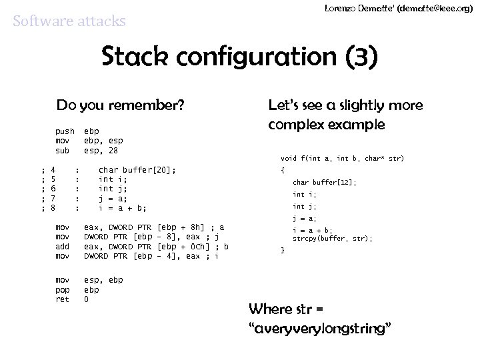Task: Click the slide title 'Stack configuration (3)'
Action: (240, 57)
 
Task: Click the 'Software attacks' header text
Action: (69, 21)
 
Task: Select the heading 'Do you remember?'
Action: (120, 105)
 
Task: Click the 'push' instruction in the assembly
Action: (65, 132)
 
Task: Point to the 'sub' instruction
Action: (62, 151)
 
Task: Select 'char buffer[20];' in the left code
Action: (137, 171)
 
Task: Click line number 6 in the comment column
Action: (53, 189)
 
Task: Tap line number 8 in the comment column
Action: (53, 208)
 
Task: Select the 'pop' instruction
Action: (62, 290)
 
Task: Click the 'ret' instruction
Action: (62, 299)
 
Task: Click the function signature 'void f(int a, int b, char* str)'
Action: (342, 159)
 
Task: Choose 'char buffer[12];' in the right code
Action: (325, 182)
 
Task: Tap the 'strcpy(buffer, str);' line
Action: (333, 238)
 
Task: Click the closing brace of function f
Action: (283, 250)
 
